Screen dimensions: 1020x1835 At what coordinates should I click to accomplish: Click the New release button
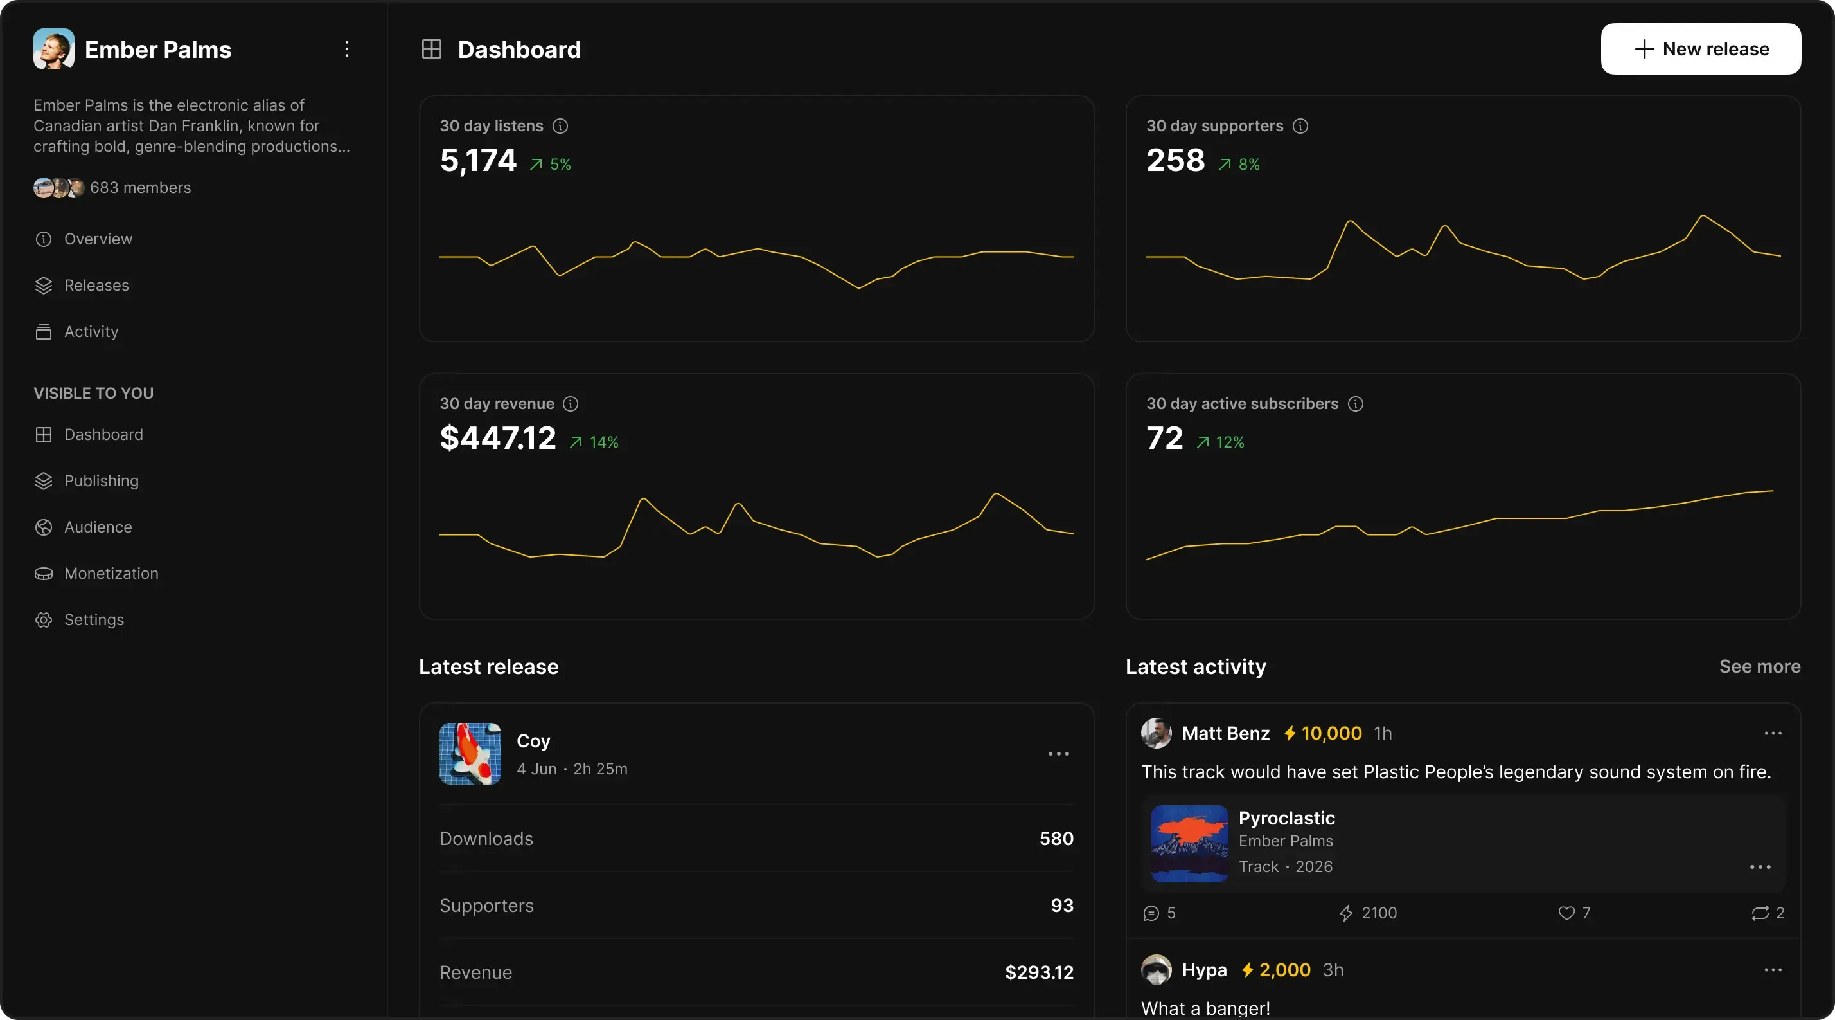(1700, 49)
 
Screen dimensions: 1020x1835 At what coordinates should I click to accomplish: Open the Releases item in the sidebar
(96, 285)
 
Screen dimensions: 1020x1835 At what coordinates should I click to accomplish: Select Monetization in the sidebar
(111, 573)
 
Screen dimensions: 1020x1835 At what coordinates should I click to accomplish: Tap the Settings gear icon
(44, 619)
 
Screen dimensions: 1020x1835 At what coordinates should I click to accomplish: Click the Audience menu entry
(98, 527)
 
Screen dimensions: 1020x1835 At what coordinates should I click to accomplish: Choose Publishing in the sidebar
(101, 480)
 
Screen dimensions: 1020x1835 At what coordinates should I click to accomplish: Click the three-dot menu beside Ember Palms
(347, 49)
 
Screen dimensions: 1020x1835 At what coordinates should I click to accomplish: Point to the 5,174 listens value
(478, 160)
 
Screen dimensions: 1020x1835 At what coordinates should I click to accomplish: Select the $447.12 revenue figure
(497, 438)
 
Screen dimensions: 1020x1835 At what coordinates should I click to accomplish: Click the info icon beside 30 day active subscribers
(1356, 404)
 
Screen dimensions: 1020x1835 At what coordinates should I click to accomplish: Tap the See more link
(1759, 666)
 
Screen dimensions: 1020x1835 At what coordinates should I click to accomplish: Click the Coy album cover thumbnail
(470, 753)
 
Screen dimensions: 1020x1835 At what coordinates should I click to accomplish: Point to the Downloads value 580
(1056, 838)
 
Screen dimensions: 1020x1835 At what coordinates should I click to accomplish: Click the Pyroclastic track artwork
(1189, 843)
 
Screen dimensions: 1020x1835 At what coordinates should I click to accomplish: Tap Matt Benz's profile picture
(1156, 733)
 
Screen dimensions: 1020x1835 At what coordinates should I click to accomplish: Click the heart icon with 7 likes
(1566, 913)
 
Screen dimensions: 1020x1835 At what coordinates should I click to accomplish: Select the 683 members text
(140, 187)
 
